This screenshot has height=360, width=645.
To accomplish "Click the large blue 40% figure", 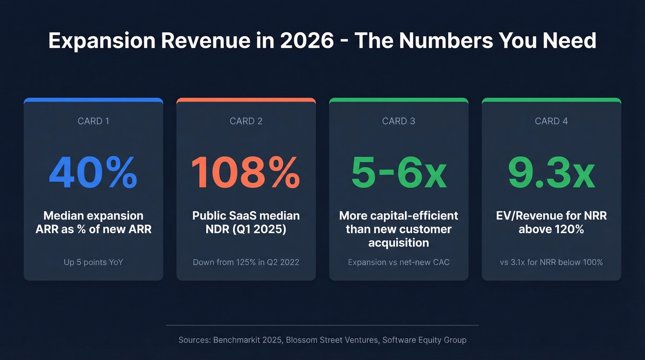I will (x=93, y=173).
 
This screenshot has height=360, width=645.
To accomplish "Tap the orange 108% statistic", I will (x=246, y=173).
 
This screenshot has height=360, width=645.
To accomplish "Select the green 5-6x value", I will (x=399, y=173).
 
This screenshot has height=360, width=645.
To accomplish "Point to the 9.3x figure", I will (x=551, y=173).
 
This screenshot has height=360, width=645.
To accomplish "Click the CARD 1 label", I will (x=94, y=121).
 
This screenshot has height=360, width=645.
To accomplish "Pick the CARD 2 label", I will (x=246, y=121).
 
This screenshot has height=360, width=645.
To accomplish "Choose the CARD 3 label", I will (x=399, y=121).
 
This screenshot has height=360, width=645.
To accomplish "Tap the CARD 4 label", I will (x=551, y=121).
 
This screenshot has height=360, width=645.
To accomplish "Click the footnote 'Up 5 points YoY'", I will (x=94, y=262).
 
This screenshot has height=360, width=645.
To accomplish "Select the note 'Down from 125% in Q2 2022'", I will (x=246, y=262).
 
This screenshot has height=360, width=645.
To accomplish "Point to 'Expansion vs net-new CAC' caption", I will (x=399, y=262).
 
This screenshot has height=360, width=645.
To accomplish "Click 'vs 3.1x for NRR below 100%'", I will (x=551, y=262).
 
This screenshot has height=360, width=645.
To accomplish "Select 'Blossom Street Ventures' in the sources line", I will (x=331, y=340).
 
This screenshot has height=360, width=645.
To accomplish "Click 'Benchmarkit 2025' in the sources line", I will (x=248, y=340).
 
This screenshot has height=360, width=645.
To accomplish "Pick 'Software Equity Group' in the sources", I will (x=424, y=340).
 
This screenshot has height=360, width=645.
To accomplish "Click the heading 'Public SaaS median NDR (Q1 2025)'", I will (x=246, y=222).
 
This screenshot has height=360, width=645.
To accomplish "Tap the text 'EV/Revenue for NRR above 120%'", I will (x=551, y=222).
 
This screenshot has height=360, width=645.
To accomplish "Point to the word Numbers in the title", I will (x=440, y=41).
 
